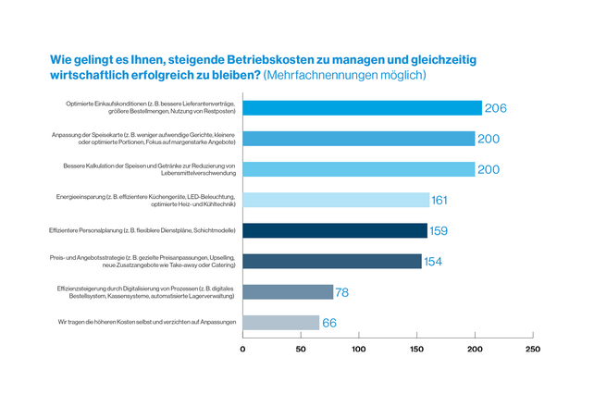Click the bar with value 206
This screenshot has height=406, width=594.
[362, 108]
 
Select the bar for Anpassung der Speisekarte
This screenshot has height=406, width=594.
[358, 139]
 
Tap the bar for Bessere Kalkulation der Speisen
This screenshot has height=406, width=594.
[358, 169]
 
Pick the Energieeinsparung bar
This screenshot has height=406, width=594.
[336, 200]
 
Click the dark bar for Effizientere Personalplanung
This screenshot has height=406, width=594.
[335, 230]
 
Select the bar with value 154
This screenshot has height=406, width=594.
[332, 261]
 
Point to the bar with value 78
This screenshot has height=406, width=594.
[288, 291]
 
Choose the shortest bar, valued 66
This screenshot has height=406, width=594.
[281, 322]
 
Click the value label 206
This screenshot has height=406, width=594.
[495, 109]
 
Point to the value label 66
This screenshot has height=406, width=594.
[330, 323]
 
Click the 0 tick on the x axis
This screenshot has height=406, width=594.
[243, 350]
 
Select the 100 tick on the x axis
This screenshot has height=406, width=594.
[359, 350]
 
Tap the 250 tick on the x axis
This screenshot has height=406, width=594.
[532, 350]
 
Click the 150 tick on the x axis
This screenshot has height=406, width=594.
[417, 350]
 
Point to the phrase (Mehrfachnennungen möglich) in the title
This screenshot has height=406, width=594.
[345, 75]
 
